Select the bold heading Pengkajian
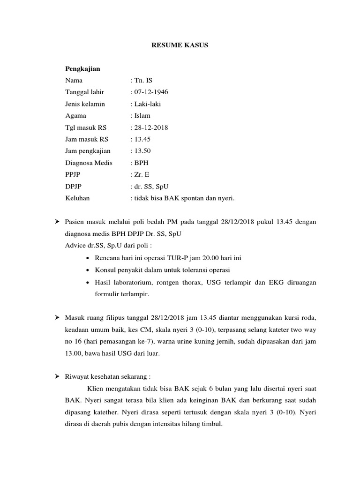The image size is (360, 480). coord(82,68)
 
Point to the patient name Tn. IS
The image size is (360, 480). coord(140,80)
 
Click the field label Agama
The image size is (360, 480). coord(75,115)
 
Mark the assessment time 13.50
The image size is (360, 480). coord(142,151)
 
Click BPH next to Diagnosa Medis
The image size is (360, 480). coord(142,163)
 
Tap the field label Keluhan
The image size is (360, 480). coord(77,198)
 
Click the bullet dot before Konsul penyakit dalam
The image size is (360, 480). coord(89,270)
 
